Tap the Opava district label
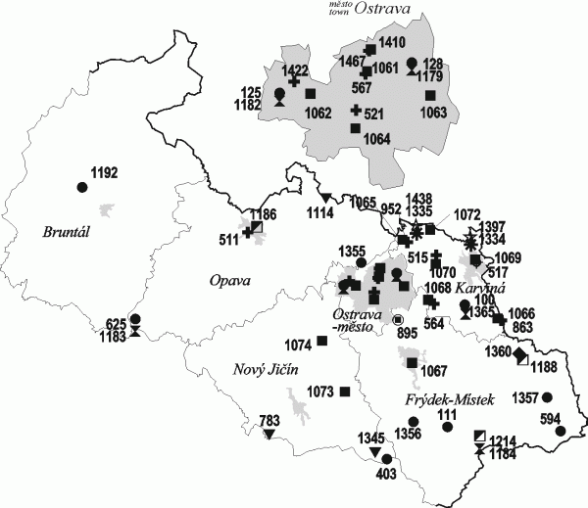point(231,281)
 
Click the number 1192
point(104,173)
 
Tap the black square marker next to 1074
point(321,342)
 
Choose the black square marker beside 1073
point(345,393)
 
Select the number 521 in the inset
point(374,115)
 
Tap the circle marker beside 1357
point(548,396)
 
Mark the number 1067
point(433,370)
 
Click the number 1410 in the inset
point(392,42)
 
